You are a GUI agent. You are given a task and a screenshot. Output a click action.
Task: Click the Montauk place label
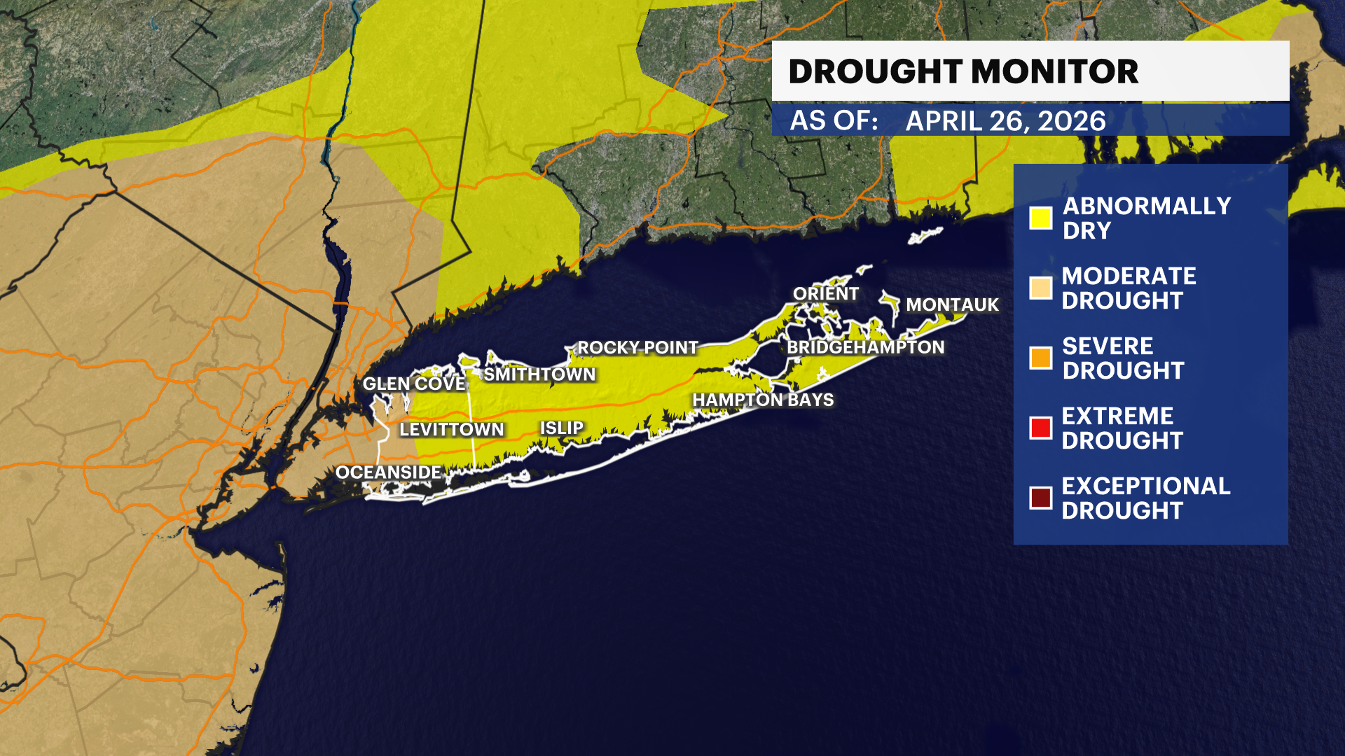pyautogui.click(x=952, y=305)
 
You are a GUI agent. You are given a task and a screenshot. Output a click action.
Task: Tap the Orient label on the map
pyautogui.click(x=825, y=294)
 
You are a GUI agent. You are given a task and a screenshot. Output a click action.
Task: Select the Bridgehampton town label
pyautogui.click(x=865, y=347)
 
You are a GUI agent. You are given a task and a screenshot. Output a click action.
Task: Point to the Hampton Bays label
pyautogui.click(x=763, y=400)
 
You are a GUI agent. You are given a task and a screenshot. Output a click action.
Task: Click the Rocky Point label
pyautogui.click(x=637, y=348)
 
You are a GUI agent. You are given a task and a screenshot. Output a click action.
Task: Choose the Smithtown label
pyautogui.click(x=539, y=374)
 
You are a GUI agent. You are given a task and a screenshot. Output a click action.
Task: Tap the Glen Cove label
pyautogui.click(x=414, y=384)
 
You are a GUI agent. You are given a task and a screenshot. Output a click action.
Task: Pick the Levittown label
pyautogui.click(x=451, y=429)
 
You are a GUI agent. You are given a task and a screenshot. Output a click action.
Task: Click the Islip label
pyautogui.click(x=561, y=428)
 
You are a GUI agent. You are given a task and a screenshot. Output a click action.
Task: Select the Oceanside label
pyautogui.click(x=388, y=472)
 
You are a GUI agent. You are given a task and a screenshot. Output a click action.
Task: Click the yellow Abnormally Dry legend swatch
pyautogui.click(x=1040, y=218)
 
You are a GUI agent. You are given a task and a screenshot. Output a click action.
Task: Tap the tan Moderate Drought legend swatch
pyautogui.click(x=1040, y=288)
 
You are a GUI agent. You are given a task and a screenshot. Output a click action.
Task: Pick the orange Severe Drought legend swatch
pyautogui.click(x=1040, y=358)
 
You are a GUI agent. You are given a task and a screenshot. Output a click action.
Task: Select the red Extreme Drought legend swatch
pyautogui.click(x=1040, y=428)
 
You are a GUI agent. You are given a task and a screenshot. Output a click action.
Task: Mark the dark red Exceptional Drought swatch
pyautogui.click(x=1040, y=498)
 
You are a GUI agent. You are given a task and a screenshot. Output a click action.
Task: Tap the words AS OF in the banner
pyautogui.click(x=834, y=121)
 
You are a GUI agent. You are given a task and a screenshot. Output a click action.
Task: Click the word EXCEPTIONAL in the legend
pyautogui.click(x=1145, y=486)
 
